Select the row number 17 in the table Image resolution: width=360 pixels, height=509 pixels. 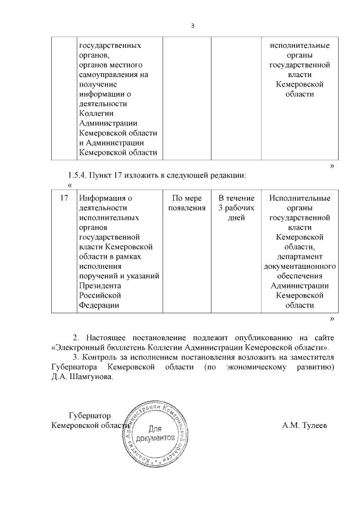[x=64, y=198]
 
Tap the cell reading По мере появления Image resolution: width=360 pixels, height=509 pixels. [x=186, y=203]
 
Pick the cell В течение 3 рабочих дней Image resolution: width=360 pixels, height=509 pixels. [x=236, y=208]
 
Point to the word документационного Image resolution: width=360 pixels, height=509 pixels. [x=300, y=265]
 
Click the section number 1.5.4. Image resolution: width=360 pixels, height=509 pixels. [x=79, y=175]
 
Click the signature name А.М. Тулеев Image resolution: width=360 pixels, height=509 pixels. [x=304, y=425]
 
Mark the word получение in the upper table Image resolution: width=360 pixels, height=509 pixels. [x=97, y=84]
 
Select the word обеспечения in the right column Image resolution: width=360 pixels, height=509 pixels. [x=300, y=276]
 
